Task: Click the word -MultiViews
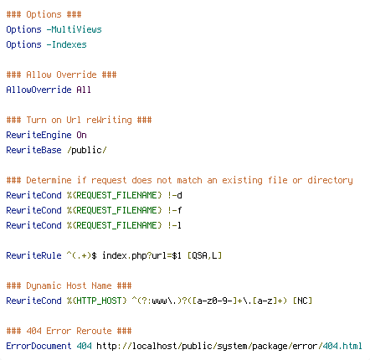tap(74, 29)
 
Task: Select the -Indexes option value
tap(66, 44)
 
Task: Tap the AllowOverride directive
tap(39, 90)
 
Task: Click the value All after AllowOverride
tap(84, 90)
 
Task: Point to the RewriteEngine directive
tap(39, 135)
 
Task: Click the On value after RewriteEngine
tap(81, 135)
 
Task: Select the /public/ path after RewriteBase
tap(87, 150)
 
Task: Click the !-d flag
tap(175, 195)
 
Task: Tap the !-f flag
tap(175, 210)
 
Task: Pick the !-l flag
tap(175, 225)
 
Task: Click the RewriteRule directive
tap(33, 255)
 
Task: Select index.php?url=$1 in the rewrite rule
tap(141, 255)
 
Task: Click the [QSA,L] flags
tap(204, 255)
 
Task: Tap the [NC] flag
tap(302, 301)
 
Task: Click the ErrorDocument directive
tap(39, 346)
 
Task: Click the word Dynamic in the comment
tap(44, 285)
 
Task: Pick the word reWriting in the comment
tap(109, 120)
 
